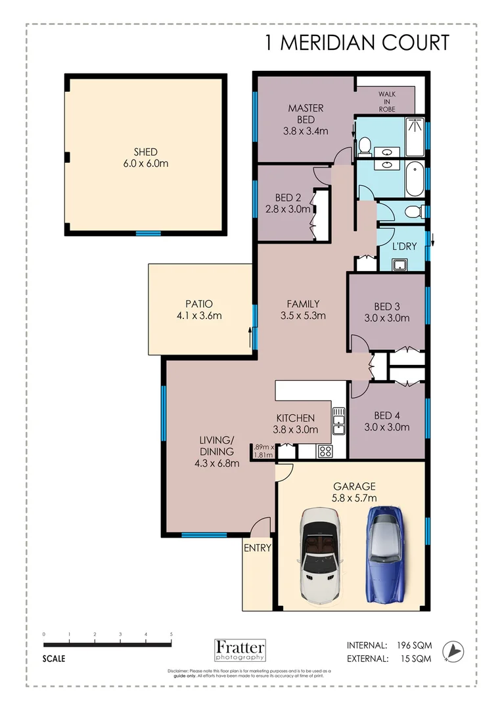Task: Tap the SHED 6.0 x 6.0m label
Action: [145, 158]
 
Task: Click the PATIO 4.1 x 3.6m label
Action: [199, 309]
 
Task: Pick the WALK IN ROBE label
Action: [386, 102]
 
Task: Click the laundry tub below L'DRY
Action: [398, 263]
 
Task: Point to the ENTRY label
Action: [258, 548]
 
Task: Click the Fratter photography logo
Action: [240, 649]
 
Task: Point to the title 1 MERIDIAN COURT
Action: [357, 43]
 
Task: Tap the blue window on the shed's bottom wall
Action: [148, 233]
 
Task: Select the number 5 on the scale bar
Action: [171, 635]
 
